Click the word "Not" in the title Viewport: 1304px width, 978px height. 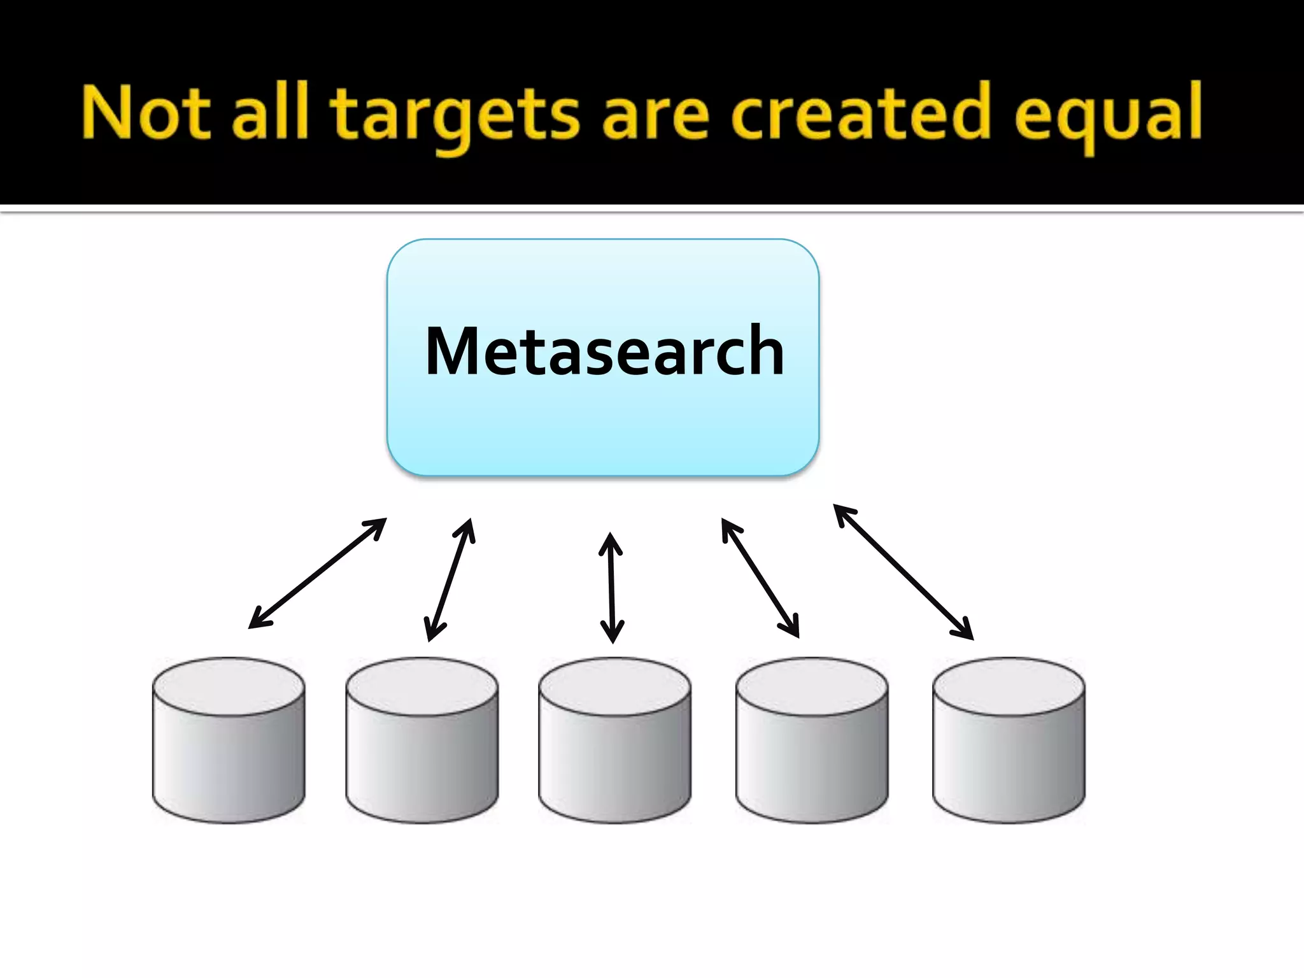[x=145, y=113]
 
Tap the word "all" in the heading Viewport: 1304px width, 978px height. [x=270, y=113]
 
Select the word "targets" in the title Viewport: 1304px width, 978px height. [x=455, y=116]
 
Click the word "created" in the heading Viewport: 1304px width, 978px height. [x=861, y=113]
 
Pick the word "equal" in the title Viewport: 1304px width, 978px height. [x=1108, y=116]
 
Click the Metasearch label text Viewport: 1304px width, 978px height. [x=604, y=351]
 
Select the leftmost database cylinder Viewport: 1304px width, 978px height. [x=229, y=741]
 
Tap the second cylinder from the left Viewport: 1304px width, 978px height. [x=422, y=741]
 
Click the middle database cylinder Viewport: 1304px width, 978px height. [x=614, y=741]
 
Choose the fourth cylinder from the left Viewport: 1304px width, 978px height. [x=812, y=741]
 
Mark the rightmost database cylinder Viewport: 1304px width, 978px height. [x=1009, y=741]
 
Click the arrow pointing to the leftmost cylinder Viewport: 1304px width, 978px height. [x=317, y=573]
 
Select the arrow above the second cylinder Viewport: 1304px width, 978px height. [x=450, y=579]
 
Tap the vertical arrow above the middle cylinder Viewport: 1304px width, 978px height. [x=611, y=588]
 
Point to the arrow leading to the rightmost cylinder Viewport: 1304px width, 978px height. [x=904, y=571]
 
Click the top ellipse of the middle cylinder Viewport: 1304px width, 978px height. [x=614, y=686]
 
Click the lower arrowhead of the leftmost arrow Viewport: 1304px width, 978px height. [x=257, y=620]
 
